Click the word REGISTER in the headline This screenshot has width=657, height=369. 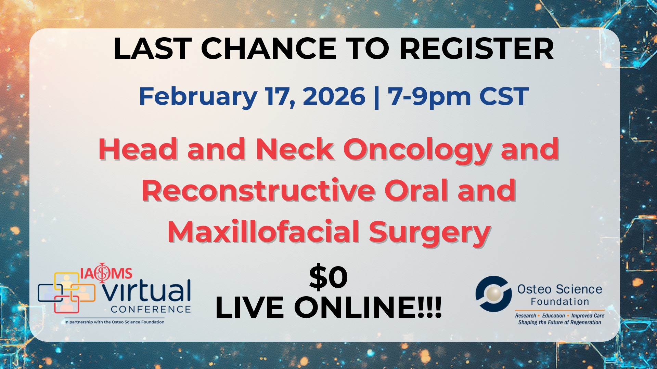pos(476,49)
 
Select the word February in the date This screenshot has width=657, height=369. pos(198,97)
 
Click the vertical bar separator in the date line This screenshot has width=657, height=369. pos(377,97)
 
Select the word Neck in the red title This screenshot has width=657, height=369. pos(295,150)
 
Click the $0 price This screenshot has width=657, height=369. pos(328,277)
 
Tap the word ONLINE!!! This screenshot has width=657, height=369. pos(368,307)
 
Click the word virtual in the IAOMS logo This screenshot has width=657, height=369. pos(147,291)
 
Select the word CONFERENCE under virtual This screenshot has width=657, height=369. pos(151,309)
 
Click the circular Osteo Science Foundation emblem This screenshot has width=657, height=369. pos(493,293)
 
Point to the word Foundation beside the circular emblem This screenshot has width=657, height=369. pos(560,302)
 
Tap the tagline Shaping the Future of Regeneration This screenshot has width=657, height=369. pos(559,322)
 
